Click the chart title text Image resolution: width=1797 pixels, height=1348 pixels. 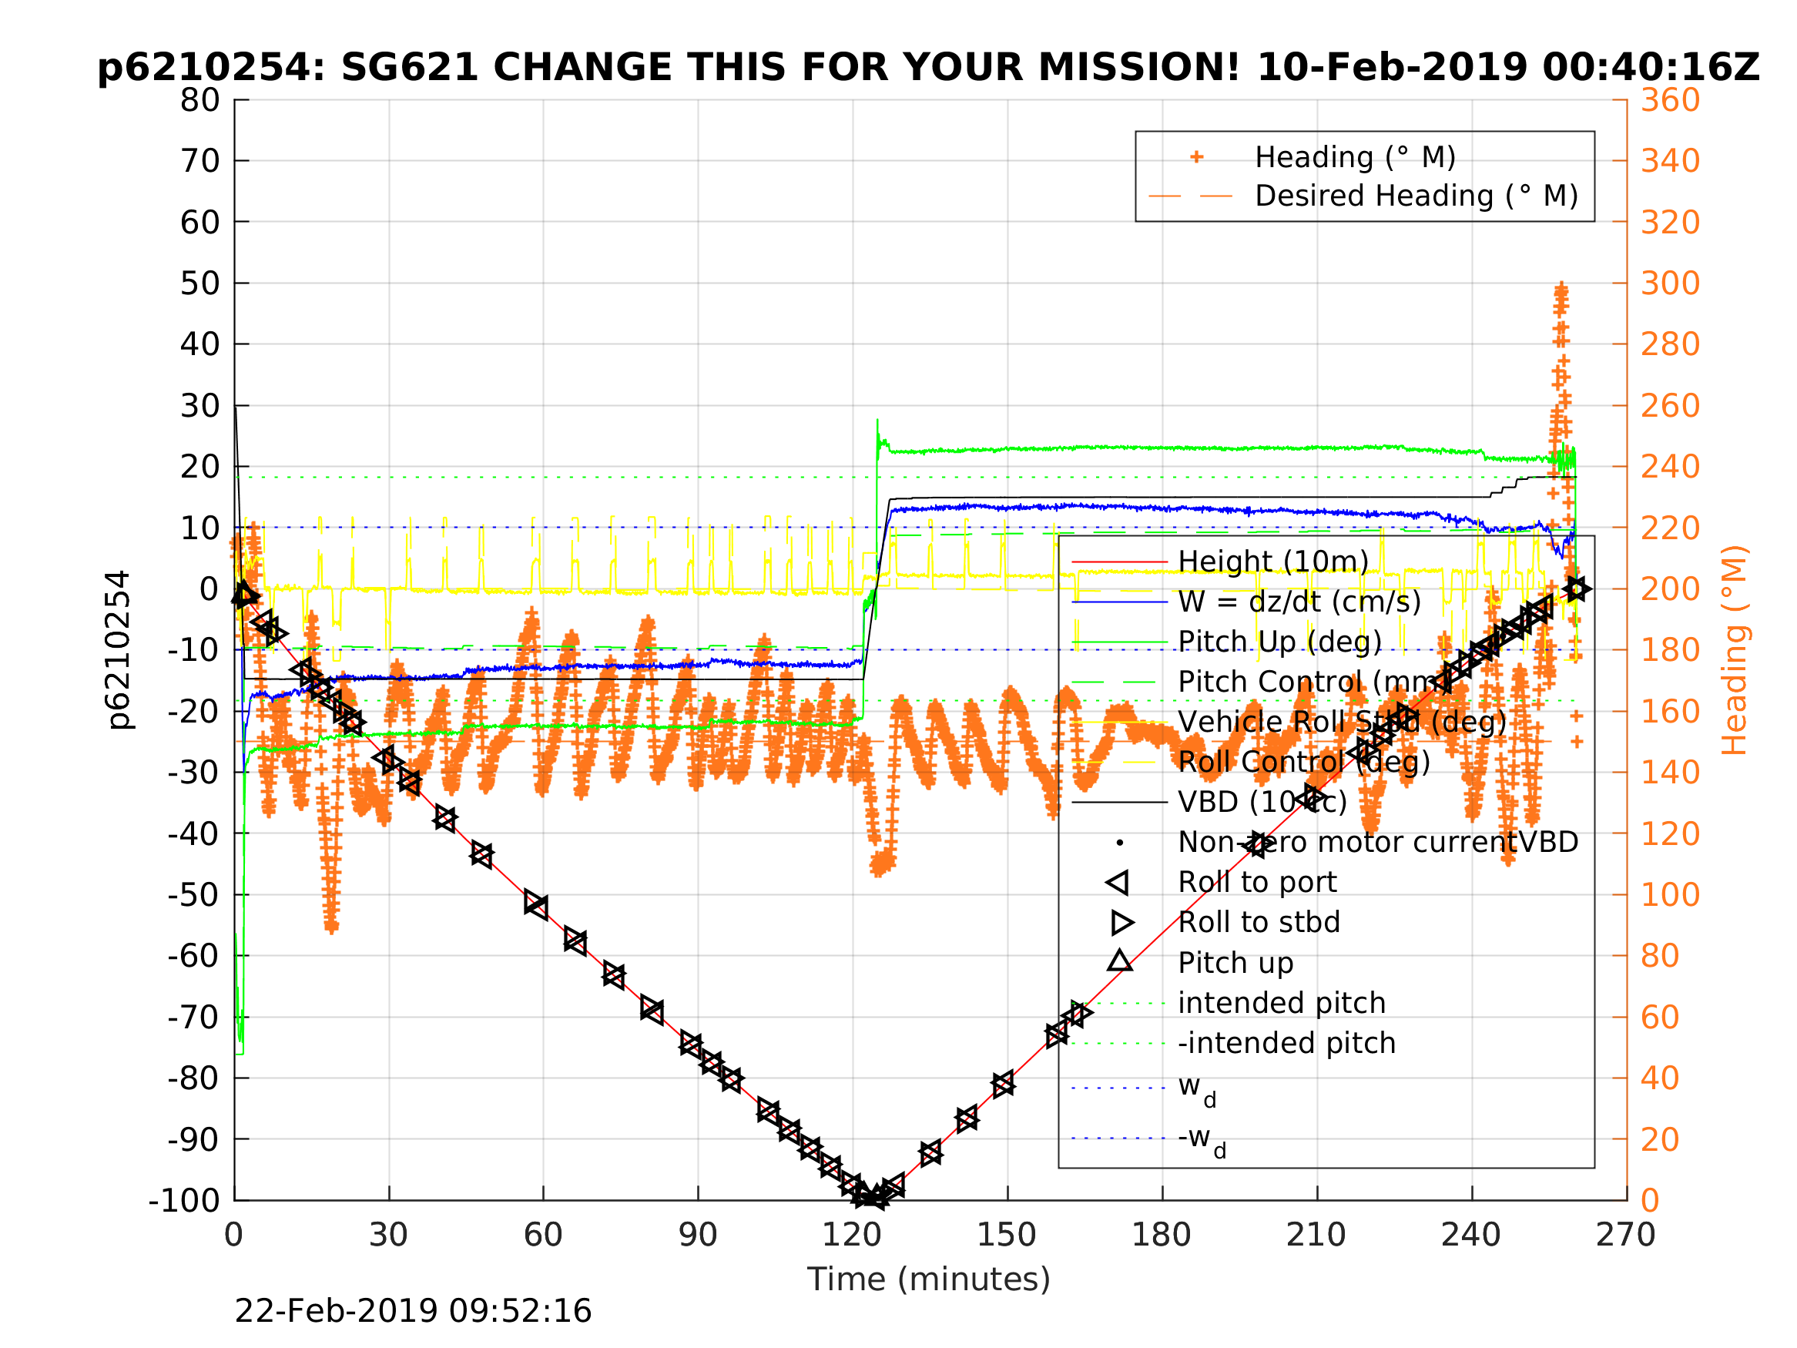click(x=927, y=68)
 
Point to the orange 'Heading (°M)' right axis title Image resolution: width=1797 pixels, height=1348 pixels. click(x=1734, y=650)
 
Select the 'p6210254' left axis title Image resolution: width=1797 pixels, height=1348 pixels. click(x=119, y=649)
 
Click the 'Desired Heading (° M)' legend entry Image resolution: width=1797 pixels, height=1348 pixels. click(x=1416, y=196)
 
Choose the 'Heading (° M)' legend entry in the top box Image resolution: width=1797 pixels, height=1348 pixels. click(x=1355, y=157)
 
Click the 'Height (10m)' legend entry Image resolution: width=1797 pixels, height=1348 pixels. click(x=1273, y=562)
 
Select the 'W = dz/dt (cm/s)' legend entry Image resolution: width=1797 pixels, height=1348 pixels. click(x=1299, y=602)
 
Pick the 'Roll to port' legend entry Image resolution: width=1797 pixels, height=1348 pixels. click(x=1257, y=883)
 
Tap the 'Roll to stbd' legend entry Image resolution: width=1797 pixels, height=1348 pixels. click(x=1259, y=922)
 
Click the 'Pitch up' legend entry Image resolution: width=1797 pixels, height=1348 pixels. click(x=1235, y=963)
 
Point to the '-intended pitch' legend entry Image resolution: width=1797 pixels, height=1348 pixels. click(x=1287, y=1043)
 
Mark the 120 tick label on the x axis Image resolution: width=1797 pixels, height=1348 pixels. click(x=851, y=1235)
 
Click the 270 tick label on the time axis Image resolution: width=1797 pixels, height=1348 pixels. click(x=1625, y=1235)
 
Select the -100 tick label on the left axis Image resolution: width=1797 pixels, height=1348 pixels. click(x=183, y=1200)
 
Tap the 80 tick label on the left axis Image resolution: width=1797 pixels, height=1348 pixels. click(x=199, y=100)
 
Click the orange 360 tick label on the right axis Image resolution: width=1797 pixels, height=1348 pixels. click(x=1670, y=100)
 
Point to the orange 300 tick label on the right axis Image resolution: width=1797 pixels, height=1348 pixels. click(x=1670, y=283)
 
